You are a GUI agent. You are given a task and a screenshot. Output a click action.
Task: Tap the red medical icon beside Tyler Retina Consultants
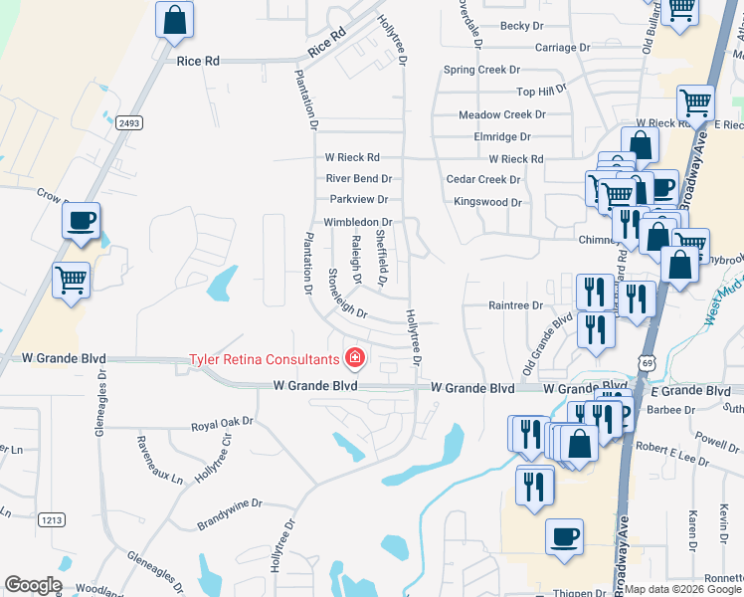coord(353,357)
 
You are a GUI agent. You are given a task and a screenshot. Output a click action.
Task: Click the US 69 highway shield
coord(647,366)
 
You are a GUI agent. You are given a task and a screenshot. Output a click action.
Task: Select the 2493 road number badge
coord(128,122)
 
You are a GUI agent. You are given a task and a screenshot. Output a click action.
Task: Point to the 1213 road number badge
coord(52,519)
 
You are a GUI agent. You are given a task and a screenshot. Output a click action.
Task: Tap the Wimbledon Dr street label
coord(357,222)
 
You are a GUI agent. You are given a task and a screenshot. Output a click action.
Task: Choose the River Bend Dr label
coord(359,179)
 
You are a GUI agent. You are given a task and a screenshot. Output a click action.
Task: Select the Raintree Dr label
coord(515,306)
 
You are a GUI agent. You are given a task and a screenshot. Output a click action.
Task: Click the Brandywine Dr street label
coord(228,503)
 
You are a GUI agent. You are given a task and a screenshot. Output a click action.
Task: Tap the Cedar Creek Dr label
coord(483,179)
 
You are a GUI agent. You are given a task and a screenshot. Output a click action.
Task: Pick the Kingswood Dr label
coord(487,202)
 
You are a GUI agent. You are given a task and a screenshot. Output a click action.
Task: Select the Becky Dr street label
coord(523,26)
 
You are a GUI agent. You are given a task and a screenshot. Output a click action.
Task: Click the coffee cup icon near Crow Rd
coord(82,221)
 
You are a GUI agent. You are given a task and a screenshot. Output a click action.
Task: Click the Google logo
coord(33,585)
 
